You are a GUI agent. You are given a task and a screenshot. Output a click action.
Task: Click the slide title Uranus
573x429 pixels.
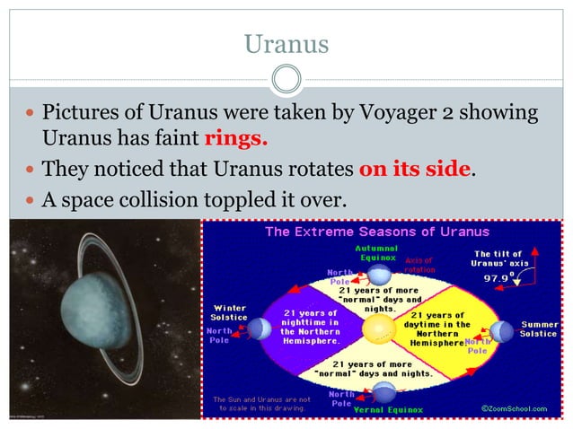tap(286, 42)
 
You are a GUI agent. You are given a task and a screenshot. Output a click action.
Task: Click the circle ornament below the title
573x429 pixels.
tap(286, 80)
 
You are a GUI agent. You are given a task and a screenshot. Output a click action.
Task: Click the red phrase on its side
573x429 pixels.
tap(415, 169)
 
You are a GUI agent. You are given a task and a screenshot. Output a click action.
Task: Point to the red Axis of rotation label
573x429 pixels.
tap(420, 265)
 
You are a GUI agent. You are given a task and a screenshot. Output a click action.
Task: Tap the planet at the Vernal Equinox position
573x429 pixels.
tap(384, 390)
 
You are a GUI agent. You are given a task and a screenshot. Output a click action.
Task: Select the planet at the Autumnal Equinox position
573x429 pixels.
tap(381, 274)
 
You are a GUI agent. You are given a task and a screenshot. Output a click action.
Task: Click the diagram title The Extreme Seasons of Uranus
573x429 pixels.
tap(376, 232)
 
